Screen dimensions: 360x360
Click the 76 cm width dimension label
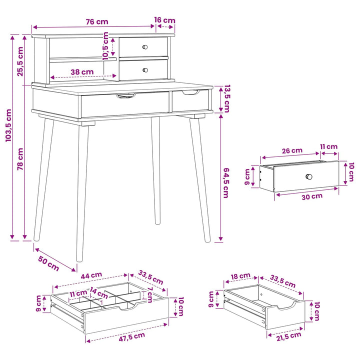pos(97,21)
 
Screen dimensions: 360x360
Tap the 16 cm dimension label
pos(164,20)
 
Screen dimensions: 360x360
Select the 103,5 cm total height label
pos(8,125)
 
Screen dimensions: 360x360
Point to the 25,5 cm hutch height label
pos(20,61)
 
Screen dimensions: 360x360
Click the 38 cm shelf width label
pos(82,72)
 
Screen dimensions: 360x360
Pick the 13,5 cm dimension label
pos(227,98)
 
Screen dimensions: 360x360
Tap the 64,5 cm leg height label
pos(226,183)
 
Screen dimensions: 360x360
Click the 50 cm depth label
pos(48,263)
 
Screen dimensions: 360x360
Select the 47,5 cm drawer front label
pos(132,336)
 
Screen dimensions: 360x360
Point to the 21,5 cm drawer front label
pos(288,336)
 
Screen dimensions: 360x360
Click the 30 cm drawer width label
pos(312,196)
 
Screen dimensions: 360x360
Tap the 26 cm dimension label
pos(292,150)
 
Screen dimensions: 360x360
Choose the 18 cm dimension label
pos(240,276)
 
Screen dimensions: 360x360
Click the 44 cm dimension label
pos(91,275)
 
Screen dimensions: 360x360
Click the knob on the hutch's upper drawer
pos(145,47)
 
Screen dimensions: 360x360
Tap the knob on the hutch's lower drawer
pos(145,70)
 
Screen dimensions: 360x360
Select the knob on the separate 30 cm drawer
pos(309,177)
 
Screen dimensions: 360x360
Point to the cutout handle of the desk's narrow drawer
pos(191,92)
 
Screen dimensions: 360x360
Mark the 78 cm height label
pos(20,159)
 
